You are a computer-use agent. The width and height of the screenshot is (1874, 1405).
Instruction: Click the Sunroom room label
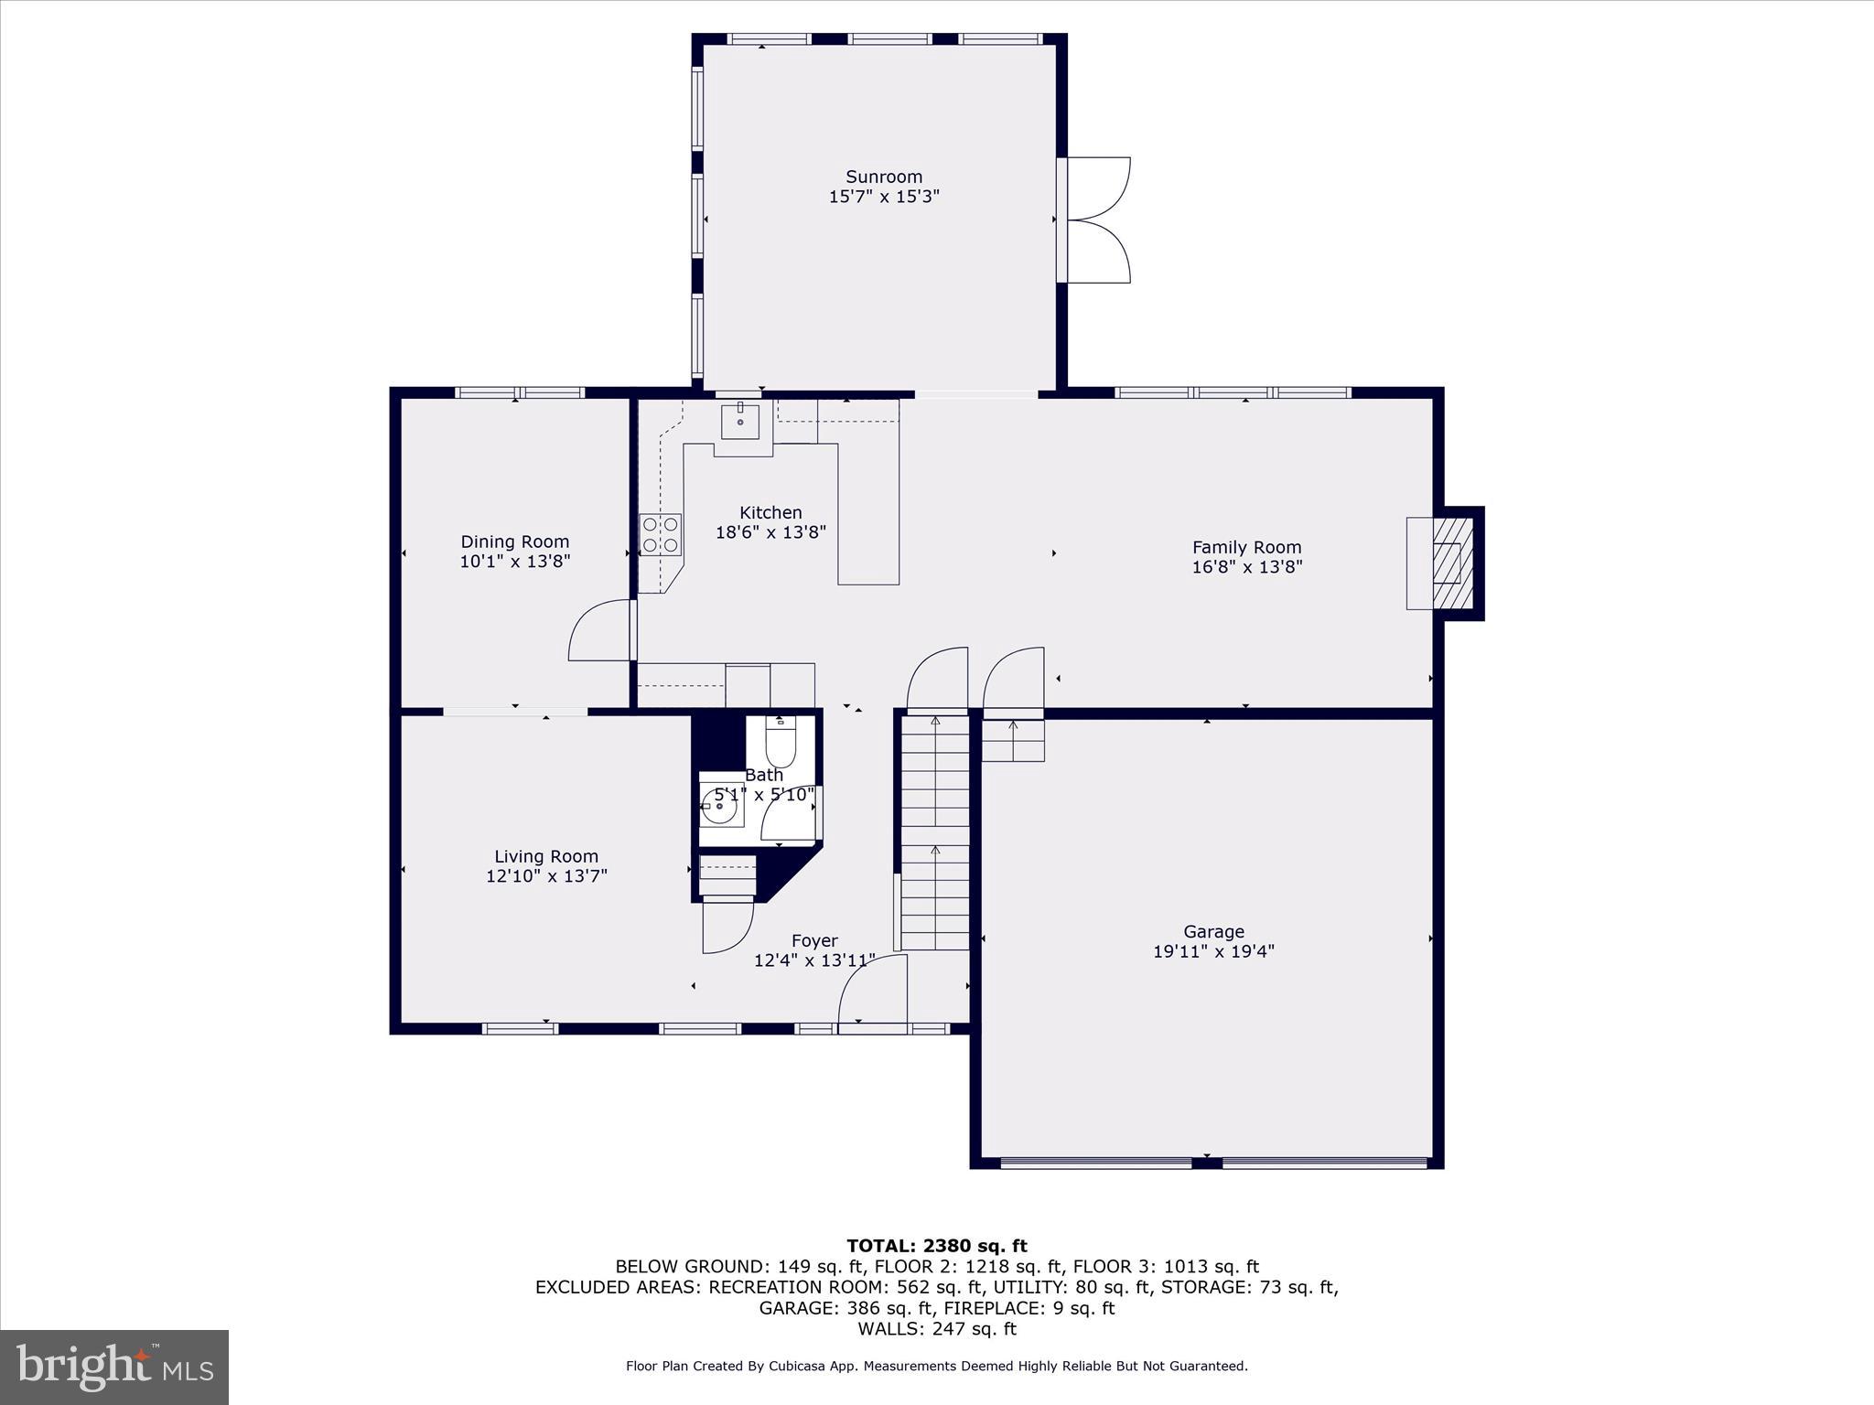(883, 177)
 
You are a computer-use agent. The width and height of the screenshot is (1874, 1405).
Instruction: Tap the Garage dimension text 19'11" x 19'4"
(1213, 951)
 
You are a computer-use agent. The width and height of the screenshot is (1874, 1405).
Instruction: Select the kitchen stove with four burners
(660, 535)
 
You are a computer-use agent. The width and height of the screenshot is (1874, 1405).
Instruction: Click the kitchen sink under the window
(739, 422)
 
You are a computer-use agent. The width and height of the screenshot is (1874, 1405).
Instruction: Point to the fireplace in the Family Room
(1446, 563)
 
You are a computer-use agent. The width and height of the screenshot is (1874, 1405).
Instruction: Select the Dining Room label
(514, 542)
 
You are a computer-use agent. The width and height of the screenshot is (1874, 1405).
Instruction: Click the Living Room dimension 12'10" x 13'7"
(546, 876)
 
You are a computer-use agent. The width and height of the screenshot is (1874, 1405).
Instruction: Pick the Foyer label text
(814, 940)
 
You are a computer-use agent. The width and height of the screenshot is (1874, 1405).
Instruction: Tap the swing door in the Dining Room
(600, 631)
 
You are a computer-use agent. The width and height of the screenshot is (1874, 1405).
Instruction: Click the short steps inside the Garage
(1013, 740)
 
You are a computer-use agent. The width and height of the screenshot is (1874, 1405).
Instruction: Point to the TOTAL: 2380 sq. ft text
(936, 1246)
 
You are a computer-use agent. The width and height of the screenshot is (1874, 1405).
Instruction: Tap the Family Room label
(1246, 547)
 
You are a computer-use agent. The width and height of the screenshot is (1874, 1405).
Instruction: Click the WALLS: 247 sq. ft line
(936, 1329)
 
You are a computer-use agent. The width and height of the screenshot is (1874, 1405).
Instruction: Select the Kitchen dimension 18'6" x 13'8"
(770, 532)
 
